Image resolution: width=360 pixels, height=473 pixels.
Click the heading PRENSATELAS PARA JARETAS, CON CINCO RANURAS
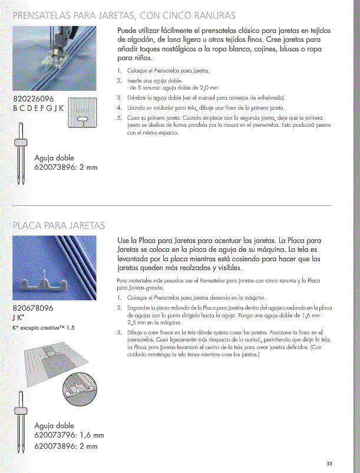(x=124, y=14)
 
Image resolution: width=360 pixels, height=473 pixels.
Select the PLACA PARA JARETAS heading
(x=59, y=225)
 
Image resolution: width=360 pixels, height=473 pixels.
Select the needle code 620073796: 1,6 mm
(x=69, y=436)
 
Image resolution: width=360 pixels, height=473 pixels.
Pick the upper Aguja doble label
(x=54, y=156)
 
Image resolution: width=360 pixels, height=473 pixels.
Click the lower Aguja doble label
(x=54, y=425)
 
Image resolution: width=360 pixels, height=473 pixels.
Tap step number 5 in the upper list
(x=119, y=118)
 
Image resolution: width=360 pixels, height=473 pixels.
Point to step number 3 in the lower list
(x=119, y=333)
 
